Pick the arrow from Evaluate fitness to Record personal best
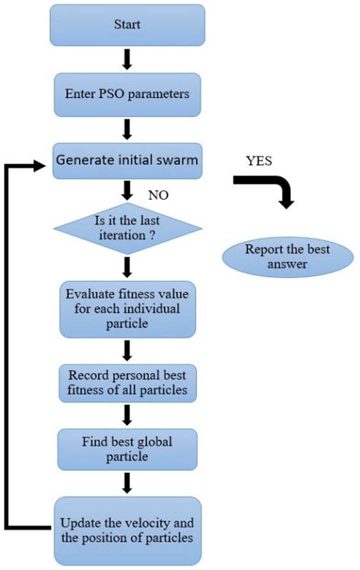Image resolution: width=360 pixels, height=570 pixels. (x=128, y=349)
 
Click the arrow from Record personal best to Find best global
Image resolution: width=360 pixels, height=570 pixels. (x=128, y=414)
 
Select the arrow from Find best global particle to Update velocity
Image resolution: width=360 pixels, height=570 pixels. (x=128, y=482)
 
